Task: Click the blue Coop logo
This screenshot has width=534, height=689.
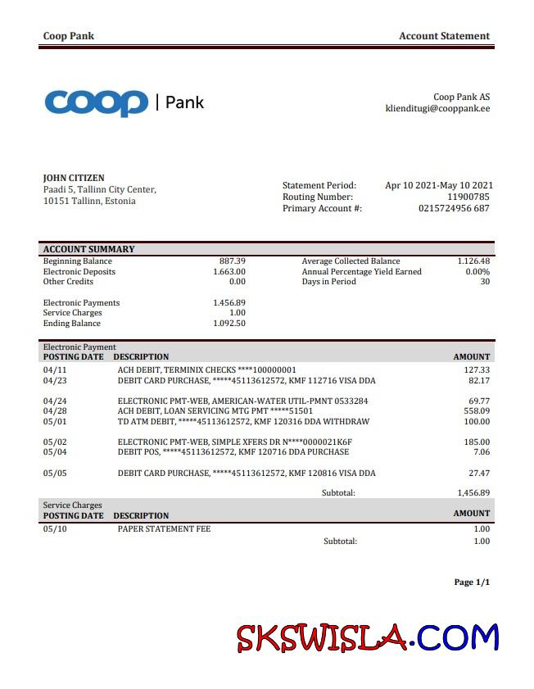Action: tap(97, 102)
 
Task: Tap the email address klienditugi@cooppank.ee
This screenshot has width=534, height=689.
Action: tap(437, 108)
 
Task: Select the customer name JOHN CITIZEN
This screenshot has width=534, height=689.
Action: tap(74, 178)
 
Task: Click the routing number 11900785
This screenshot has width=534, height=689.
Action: tap(468, 197)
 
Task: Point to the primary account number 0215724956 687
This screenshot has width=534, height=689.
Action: tap(454, 208)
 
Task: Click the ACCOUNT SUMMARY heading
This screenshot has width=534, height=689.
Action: tap(88, 249)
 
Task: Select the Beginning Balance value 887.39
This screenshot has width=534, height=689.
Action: tap(233, 261)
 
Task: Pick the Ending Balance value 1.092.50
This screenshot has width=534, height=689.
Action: tap(229, 323)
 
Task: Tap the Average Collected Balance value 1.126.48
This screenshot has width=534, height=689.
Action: tap(473, 261)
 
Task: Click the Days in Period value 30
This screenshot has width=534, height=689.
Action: tap(484, 282)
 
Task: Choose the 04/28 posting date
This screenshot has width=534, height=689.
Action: tap(53, 411)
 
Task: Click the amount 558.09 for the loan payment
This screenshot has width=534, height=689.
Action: tap(477, 411)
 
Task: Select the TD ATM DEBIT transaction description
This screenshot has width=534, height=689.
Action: tap(243, 422)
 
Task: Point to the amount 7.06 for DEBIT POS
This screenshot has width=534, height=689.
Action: tap(482, 452)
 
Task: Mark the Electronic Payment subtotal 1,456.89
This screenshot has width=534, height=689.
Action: tap(473, 493)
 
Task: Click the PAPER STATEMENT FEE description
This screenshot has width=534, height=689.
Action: tap(164, 529)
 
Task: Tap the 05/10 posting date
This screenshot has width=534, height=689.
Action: tap(53, 529)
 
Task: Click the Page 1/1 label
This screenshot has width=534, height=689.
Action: tap(472, 582)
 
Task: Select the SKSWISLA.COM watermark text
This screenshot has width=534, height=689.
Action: tap(368, 637)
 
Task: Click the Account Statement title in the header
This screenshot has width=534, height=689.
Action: tap(444, 36)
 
